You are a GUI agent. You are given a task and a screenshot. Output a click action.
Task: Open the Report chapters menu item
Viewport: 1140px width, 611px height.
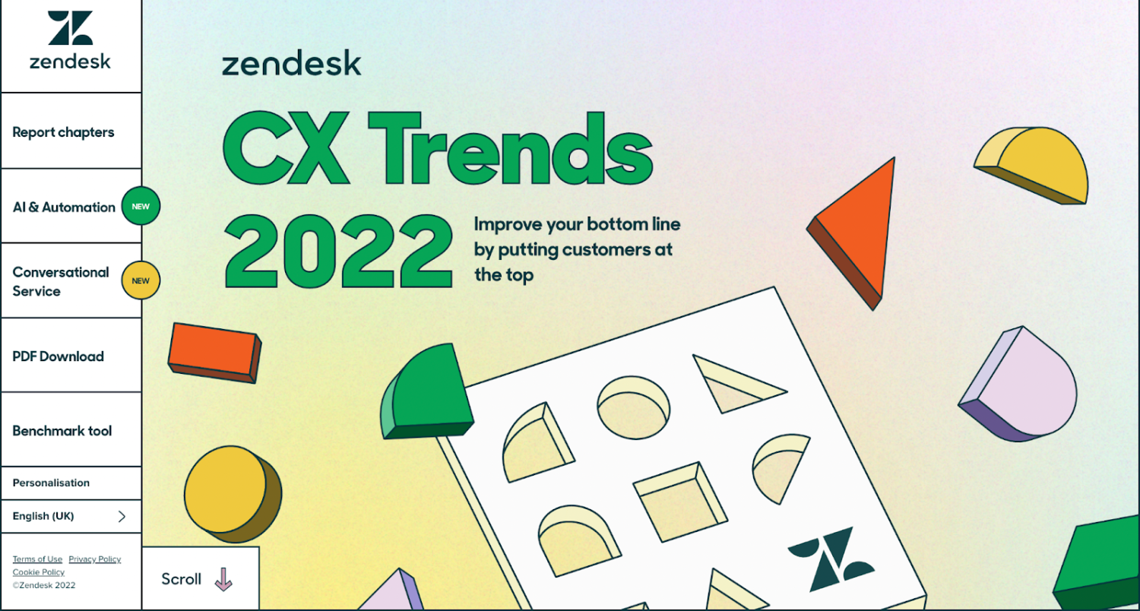click(63, 132)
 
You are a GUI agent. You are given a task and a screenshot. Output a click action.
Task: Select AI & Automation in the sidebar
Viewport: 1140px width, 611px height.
click(64, 207)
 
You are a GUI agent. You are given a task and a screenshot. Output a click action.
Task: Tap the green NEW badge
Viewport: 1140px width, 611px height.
click(141, 206)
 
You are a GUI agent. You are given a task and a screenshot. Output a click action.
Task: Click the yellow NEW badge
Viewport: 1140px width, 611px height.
click(141, 280)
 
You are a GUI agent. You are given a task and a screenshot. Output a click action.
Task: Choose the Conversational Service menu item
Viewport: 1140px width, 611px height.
click(61, 281)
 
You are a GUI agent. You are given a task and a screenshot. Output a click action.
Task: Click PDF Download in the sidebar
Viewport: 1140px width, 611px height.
click(59, 356)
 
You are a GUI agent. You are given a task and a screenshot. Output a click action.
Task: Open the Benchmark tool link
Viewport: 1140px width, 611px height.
click(62, 431)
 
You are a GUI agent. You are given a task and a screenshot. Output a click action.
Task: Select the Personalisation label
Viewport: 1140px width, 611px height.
click(51, 483)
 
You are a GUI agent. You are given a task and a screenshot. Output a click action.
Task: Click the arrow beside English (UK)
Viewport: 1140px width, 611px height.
click(122, 517)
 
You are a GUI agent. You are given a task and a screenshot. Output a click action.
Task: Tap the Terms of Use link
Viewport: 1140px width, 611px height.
click(37, 559)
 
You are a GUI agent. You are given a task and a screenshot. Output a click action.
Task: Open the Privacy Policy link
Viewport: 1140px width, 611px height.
click(94, 559)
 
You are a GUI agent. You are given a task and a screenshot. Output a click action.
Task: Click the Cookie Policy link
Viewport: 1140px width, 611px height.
click(39, 572)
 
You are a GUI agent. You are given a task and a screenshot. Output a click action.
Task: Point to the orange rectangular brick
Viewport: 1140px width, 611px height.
click(214, 352)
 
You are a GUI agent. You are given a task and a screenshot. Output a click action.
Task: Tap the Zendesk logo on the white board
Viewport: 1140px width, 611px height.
click(830, 559)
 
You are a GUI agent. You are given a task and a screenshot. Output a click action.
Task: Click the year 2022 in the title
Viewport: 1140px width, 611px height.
click(338, 251)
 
